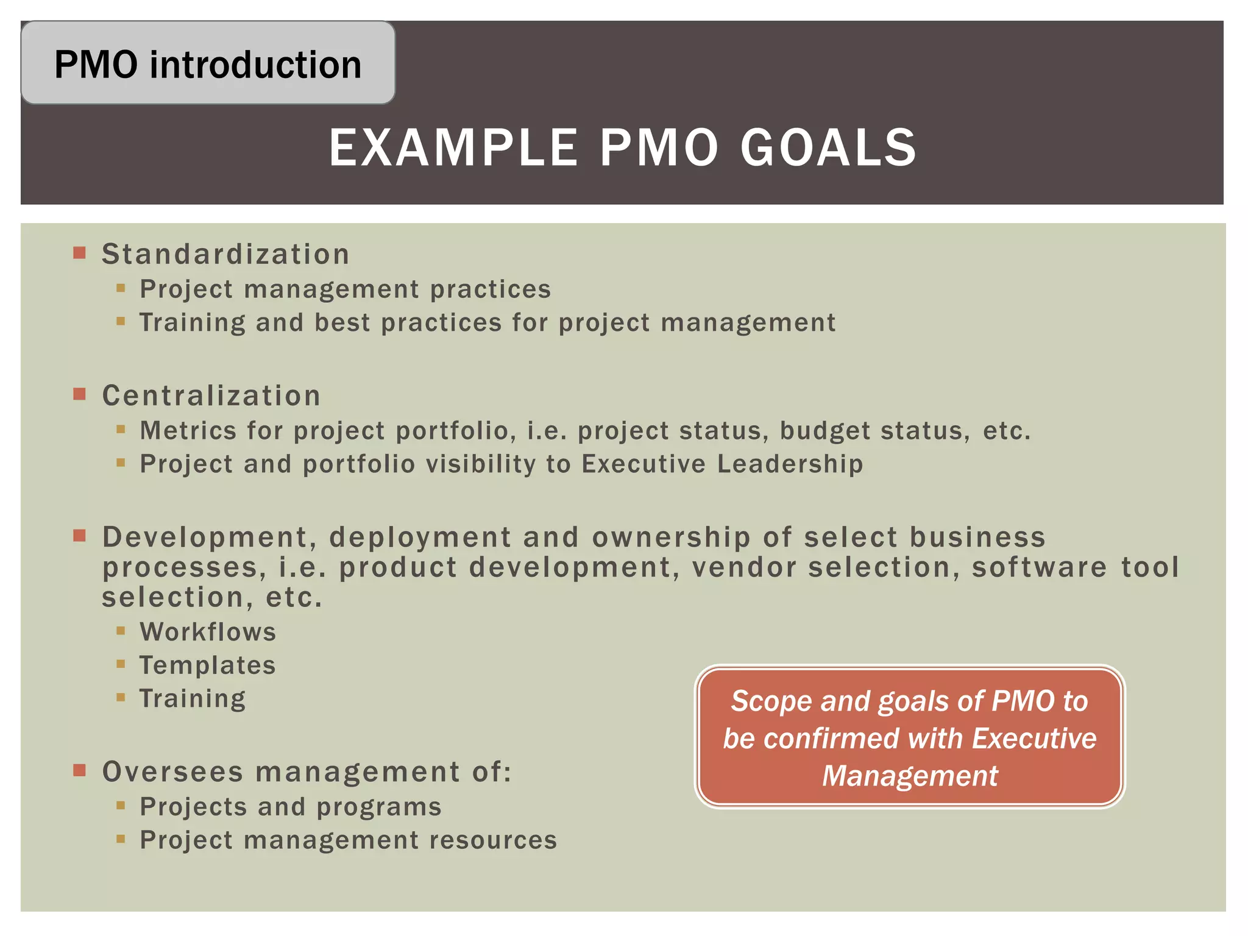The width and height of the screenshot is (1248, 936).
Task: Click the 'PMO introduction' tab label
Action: point(208,65)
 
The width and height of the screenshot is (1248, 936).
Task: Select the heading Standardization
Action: point(225,254)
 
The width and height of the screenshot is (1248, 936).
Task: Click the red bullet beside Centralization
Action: point(79,394)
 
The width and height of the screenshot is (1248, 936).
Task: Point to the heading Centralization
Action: point(211,395)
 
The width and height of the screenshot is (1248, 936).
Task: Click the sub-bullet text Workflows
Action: point(208,632)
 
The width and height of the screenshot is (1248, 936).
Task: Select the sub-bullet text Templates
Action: point(207,665)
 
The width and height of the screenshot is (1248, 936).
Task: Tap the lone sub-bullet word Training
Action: point(193,698)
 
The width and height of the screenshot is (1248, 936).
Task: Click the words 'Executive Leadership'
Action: point(722,464)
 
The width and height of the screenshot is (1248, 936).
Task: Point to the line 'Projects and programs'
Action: point(290,807)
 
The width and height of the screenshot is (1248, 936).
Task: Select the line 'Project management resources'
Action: point(348,840)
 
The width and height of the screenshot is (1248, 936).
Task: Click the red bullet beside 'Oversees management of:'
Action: point(79,770)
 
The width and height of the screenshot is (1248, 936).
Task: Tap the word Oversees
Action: point(173,772)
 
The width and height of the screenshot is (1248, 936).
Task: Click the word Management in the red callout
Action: point(909,776)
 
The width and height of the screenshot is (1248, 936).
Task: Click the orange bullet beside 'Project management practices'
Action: point(121,288)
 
